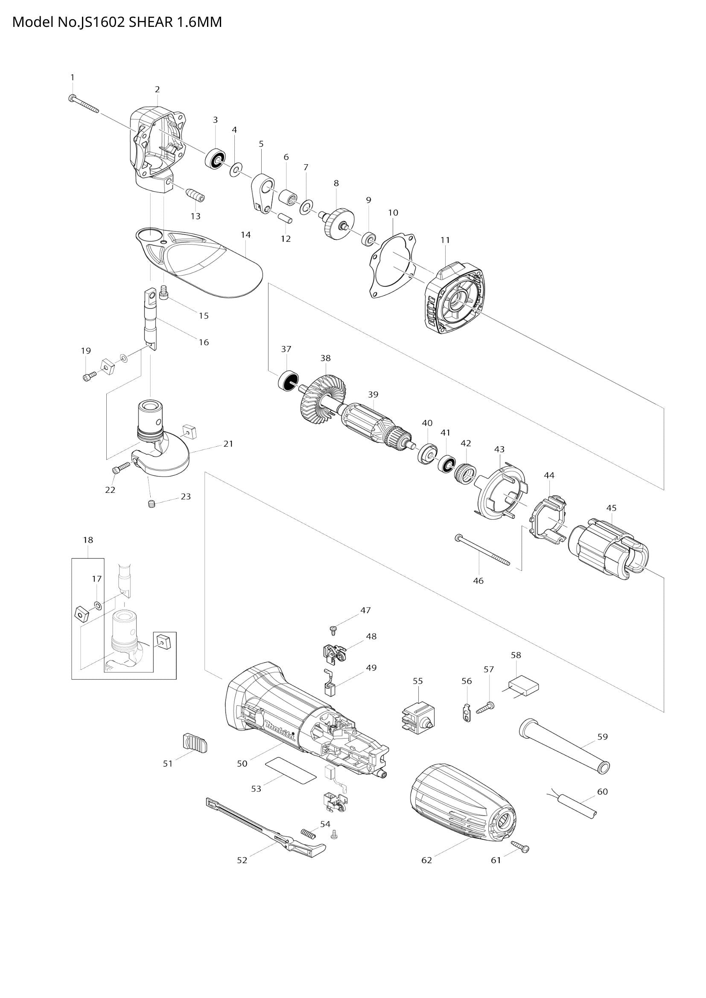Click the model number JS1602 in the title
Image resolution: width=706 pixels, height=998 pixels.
tap(102, 22)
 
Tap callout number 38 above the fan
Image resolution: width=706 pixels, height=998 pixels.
tap(325, 358)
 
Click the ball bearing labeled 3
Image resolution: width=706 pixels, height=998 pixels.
tap(215, 159)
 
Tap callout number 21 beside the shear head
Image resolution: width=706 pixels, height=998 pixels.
tap(228, 444)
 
